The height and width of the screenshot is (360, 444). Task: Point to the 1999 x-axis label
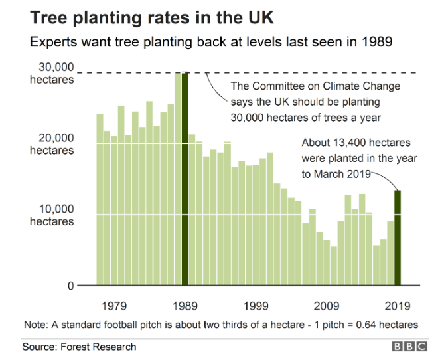pos(256,306)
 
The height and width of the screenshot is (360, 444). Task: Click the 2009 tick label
pos(327,306)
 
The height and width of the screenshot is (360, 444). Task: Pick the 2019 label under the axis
pos(398,306)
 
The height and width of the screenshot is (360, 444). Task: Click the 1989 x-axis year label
pos(185,306)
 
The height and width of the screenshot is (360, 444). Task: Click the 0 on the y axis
pos(68,286)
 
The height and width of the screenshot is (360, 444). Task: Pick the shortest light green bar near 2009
pos(334,266)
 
